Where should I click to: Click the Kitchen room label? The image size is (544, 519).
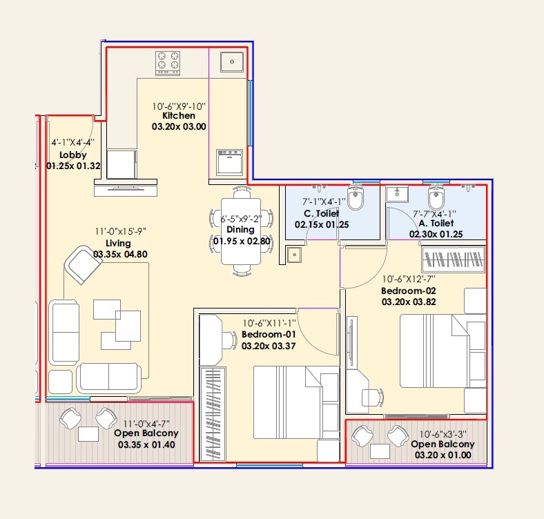(x=179, y=116)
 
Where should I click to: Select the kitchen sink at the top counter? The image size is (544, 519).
(x=229, y=61)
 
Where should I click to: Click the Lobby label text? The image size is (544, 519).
(x=72, y=155)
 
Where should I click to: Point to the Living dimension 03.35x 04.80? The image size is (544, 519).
(x=121, y=254)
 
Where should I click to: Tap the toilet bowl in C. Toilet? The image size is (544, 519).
(x=356, y=199)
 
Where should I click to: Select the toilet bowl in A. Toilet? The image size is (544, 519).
(x=436, y=199)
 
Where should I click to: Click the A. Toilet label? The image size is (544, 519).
(x=435, y=224)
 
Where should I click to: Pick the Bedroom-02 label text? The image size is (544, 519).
(x=409, y=291)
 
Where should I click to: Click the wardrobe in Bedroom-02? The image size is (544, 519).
(x=453, y=260)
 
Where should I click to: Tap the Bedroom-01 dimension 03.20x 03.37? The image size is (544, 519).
(x=269, y=346)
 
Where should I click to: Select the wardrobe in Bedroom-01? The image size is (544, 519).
(x=213, y=414)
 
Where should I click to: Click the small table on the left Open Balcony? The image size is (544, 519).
(x=88, y=434)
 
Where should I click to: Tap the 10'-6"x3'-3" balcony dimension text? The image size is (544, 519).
(x=447, y=434)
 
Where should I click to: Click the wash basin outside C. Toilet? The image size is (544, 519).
(x=294, y=255)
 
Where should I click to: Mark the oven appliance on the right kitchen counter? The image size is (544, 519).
(x=229, y=163)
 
